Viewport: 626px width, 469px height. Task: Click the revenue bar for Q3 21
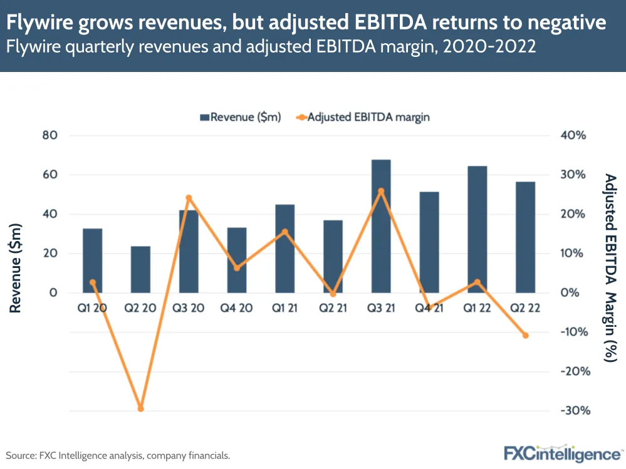point(381,226)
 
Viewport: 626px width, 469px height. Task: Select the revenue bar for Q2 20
point(140,269)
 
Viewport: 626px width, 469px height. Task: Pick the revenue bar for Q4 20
point(237,260)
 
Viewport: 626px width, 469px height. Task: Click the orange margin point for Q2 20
point(140,409)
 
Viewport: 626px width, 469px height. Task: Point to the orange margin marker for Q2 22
point(526,336)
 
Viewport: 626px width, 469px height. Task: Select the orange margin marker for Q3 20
point(189,198)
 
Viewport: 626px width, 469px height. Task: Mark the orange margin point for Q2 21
point(333,294)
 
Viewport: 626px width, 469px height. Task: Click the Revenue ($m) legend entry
point(241,117)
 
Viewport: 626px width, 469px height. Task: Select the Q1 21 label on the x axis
point(285,308)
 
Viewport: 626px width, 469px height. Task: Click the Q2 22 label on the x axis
point(526,308)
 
